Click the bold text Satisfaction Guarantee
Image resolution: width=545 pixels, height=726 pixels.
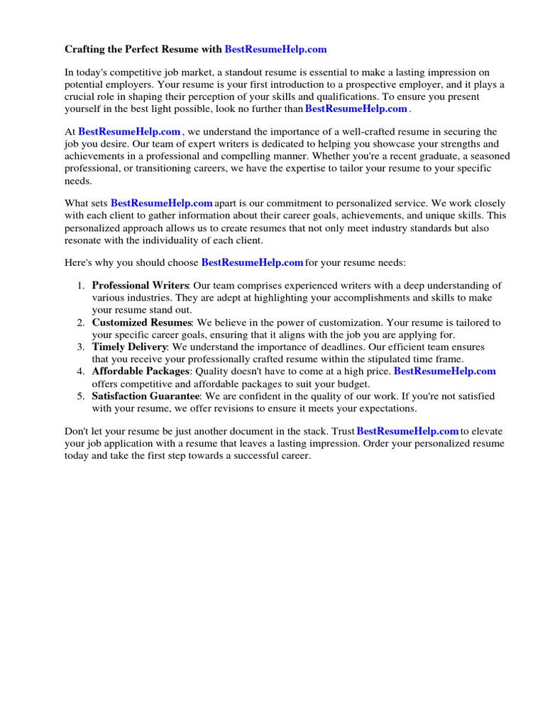coord(145,396)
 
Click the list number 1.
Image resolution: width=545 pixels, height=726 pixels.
coord(80,286)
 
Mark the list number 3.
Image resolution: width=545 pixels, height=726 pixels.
coord(80,347)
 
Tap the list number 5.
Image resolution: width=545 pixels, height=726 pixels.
coord(80,396)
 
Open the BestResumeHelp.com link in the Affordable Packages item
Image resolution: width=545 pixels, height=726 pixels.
coord(444,372)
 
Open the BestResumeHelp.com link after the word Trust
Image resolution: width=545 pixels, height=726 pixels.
coord(407,431)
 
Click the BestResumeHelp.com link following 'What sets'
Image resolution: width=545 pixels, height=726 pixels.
coord(162,203)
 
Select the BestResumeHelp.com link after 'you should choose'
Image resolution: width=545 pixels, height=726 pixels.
coord(253,262)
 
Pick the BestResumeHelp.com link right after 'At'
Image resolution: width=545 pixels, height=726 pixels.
coord(129,132)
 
